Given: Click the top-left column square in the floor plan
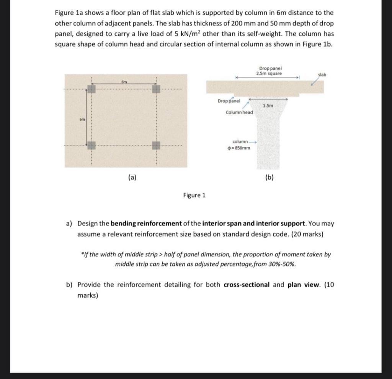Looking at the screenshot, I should (91, 89).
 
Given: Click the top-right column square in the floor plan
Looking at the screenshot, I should (156, 89).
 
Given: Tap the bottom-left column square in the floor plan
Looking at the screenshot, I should (91, 145).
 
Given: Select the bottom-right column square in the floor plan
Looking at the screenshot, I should (156, 145).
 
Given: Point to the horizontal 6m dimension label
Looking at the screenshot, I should (124, 82).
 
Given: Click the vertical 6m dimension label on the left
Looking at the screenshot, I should (82, 119).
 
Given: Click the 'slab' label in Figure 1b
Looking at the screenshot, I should (322, 75).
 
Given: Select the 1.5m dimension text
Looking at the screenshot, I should (268, 105).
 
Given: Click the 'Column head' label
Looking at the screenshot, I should (239, 112).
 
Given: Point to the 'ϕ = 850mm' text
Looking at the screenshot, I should (239, 148).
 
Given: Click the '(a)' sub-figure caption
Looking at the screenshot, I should (132, 177).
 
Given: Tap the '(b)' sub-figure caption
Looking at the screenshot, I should (269, 177).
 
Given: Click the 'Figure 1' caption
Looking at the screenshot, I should (194, 195).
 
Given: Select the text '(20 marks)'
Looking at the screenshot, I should (307, 234).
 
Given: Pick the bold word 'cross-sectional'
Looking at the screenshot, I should (247, 285).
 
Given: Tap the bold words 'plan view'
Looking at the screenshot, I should (303, 285).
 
